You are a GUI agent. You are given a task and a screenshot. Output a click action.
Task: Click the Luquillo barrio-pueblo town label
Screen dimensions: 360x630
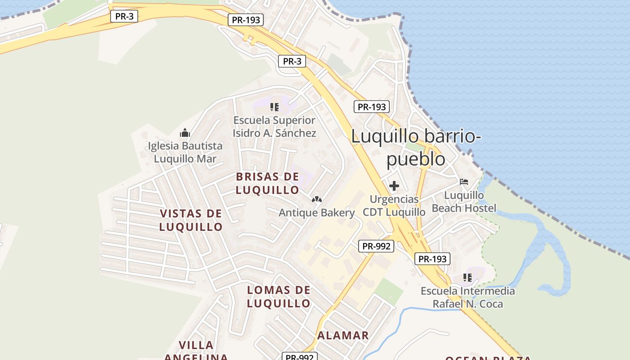(416, 147)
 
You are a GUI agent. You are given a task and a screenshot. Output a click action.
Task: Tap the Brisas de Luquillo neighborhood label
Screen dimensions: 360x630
(267, 183)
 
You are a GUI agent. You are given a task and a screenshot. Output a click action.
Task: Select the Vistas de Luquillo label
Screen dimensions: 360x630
(191, 220)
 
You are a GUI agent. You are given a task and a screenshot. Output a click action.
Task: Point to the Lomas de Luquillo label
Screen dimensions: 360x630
(279, 297)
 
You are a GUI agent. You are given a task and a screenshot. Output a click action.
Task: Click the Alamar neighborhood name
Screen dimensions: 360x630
(343, 335)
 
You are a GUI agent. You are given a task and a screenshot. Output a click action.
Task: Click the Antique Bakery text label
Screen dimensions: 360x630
(317, 212)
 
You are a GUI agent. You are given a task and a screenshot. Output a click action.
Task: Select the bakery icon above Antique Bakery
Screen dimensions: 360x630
(317, 199)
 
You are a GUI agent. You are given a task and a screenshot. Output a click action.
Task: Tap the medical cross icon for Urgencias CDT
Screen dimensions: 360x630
(394, 185)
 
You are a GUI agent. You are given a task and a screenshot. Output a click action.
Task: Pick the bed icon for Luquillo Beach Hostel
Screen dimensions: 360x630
(464, 182)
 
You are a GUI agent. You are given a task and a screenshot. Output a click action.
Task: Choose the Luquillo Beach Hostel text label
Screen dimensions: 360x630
(464, 202)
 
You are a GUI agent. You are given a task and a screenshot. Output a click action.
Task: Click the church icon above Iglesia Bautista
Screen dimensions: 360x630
(185, 133)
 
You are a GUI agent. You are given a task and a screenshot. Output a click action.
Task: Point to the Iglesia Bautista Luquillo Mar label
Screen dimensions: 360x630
(185, 152)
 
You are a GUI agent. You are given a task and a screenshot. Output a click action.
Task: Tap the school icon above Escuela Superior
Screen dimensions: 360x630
(274, 107)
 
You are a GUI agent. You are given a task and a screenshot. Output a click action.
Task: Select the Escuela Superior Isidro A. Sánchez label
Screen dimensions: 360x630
(274, 126)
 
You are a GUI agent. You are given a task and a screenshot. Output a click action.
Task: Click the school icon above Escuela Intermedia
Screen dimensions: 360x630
(468, 278)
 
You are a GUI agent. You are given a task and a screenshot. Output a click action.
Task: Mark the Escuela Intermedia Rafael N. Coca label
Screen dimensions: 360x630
(468, 297)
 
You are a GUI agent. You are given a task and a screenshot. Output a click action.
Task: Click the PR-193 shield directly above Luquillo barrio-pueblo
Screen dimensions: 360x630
(372, 107)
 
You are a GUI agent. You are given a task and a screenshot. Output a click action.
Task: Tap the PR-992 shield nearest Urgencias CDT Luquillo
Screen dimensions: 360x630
(377, 246)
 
